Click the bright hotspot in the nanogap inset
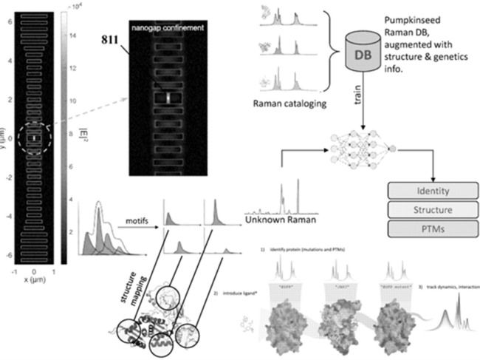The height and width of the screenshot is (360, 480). coord(169,96)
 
